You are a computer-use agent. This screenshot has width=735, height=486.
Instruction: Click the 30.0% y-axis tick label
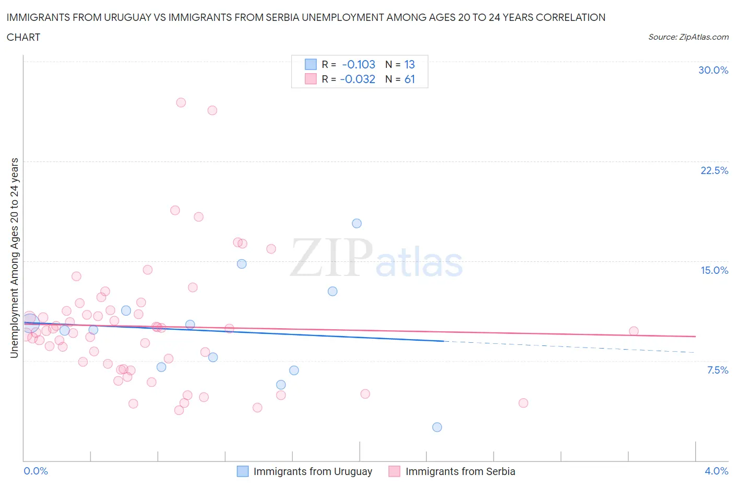[x=713, y=70]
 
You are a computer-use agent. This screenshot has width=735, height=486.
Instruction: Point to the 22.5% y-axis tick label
[x=714, y=170]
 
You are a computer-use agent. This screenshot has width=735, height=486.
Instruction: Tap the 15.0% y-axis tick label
[x=714, y=270]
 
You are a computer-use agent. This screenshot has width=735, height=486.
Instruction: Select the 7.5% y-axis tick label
[x=717, y=370]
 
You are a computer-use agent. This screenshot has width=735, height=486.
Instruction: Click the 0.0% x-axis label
[x=36, y=471]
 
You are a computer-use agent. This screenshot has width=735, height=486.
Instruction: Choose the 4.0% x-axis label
[x=716, y=471]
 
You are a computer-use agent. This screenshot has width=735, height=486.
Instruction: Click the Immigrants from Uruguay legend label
[x=313, y=471]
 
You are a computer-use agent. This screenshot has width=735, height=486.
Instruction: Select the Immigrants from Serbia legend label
[x=460, y=471]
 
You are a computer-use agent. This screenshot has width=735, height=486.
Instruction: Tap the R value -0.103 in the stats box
[x=359, y=64]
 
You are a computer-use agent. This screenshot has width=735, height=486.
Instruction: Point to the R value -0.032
[x=358, y=79]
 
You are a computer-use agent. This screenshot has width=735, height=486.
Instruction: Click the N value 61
[x=409, y=79]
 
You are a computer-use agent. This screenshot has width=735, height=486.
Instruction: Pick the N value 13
[x=409, y=64]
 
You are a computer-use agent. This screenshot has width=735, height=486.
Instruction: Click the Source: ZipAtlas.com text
[x=688, y=37]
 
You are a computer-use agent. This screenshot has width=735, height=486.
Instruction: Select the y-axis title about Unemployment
[x=15, y=258]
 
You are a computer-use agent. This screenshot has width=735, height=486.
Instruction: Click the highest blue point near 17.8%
[x=357, y=223]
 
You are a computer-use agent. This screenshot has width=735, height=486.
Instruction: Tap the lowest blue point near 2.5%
[x=437, y=427]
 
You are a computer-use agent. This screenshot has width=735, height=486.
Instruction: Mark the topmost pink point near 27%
[x=181, y=102]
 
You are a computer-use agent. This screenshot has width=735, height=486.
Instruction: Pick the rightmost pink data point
[x=634, y=331]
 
